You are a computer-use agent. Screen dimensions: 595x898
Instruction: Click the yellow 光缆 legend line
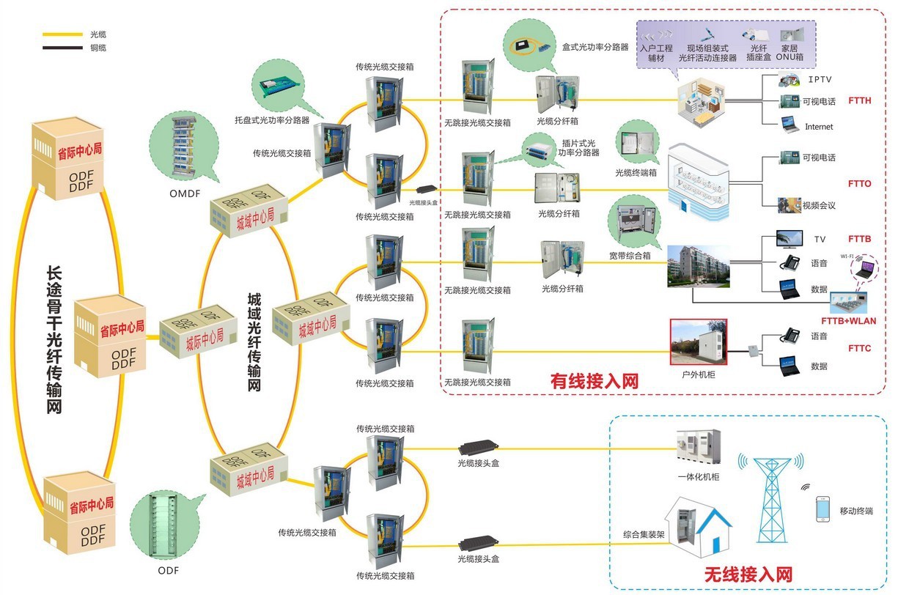[62, 34]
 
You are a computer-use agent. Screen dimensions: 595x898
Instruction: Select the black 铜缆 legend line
[62, 48]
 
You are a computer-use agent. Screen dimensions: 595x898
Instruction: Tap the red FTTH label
[859, 100]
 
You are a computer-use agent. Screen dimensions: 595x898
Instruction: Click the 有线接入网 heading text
[595, 381]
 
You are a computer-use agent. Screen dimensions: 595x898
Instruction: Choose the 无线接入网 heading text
[748, 574]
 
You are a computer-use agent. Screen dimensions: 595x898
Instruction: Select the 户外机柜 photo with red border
[698, 341]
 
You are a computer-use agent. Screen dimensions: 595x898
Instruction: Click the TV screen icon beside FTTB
[790, 240]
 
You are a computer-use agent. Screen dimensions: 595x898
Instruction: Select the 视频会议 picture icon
[789, 205]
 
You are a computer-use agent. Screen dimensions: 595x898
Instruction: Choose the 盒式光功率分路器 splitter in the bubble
[532, 47]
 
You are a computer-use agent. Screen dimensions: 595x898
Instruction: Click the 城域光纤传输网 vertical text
[254, 341]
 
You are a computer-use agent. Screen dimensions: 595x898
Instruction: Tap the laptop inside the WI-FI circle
[867, 268]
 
